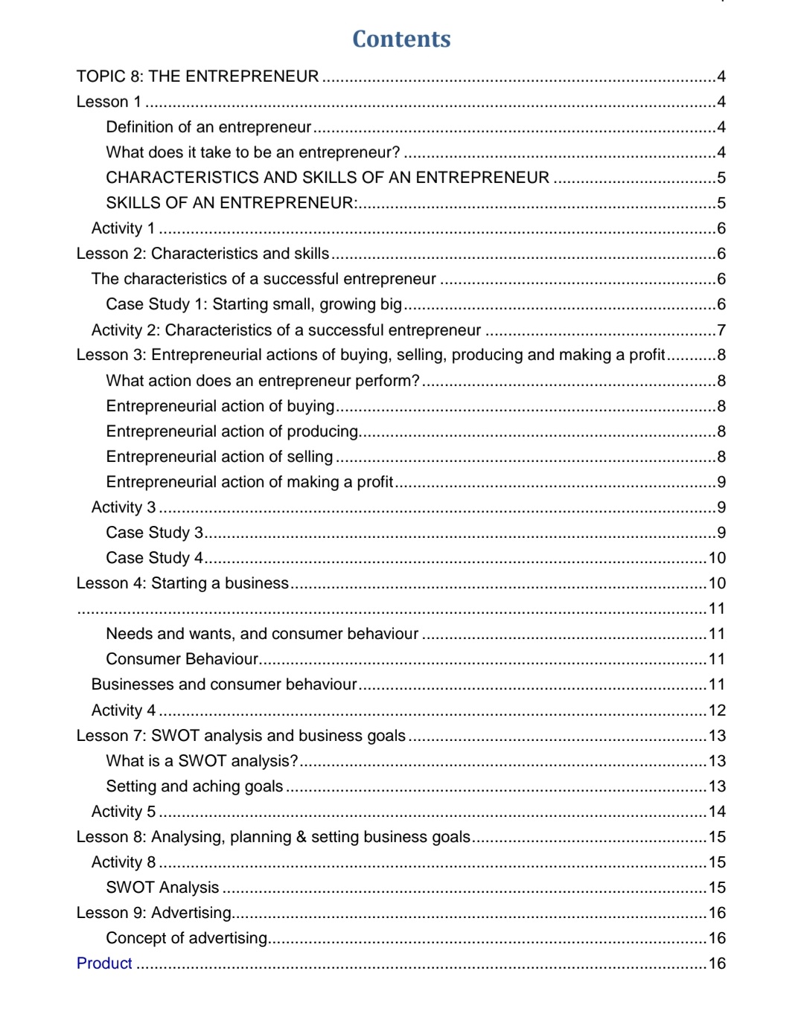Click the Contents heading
401,39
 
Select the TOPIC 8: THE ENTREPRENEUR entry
197,77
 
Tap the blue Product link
104,963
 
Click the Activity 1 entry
123,228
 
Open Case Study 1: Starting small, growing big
254,304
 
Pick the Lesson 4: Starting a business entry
182,583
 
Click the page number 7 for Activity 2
721,330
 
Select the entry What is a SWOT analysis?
202,761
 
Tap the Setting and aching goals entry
194,786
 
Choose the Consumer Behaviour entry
182,659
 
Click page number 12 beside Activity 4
717,710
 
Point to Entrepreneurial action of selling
220,457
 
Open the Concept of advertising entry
186,938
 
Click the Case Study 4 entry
154,558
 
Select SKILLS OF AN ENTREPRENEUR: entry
232,203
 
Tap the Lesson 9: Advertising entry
154,913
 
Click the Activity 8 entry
124,862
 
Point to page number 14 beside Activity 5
717,812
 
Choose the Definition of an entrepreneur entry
208,127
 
